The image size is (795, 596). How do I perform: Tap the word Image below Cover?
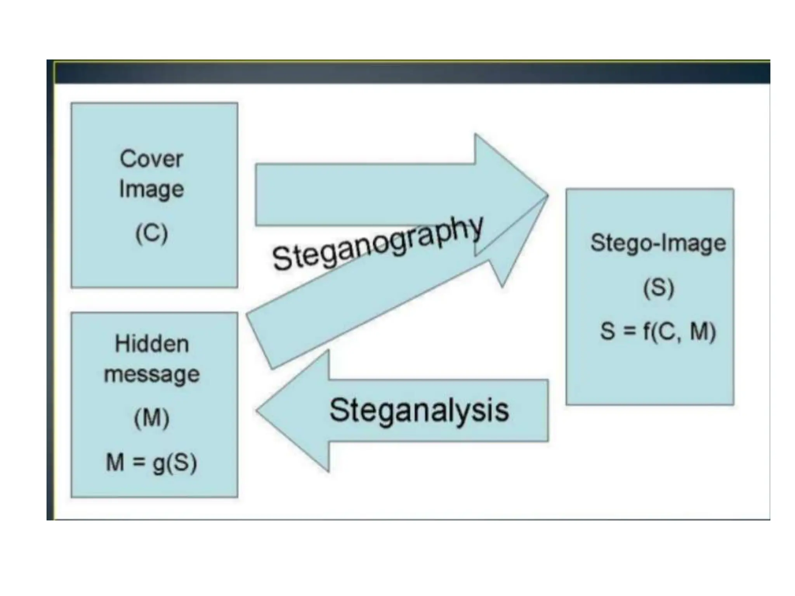click(x=151, y=190)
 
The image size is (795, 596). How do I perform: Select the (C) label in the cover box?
click(x=151, y=233)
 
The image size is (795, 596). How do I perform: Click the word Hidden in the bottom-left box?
click(x=152, y=344)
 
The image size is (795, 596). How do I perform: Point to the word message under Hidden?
click(x=152, y=374)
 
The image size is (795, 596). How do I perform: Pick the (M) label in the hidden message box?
click(x=152, y=418)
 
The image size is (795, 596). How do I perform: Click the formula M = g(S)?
click(x=152, y=463)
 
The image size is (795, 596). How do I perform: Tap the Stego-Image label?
click(x=658, y=243)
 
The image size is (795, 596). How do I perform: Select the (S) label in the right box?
click(x=658, y=288)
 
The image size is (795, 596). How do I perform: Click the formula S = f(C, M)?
click(x=658, y=331)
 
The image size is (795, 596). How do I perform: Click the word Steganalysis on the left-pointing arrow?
click(x=419, y=410)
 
